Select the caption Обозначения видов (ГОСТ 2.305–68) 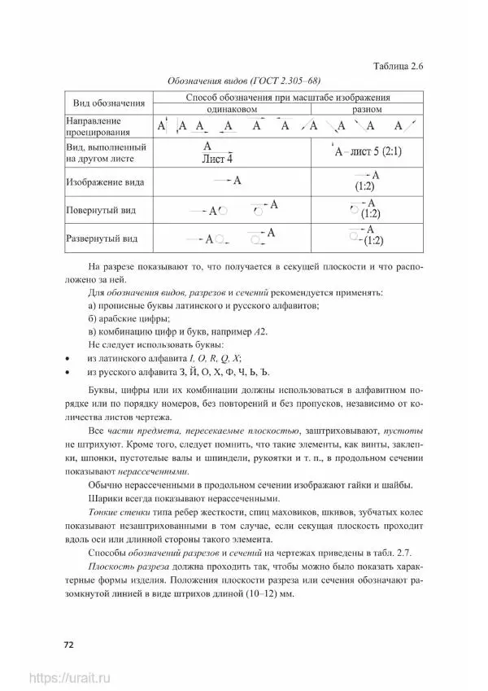243,82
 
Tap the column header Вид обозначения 109,103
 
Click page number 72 69,645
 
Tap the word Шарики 105,498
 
